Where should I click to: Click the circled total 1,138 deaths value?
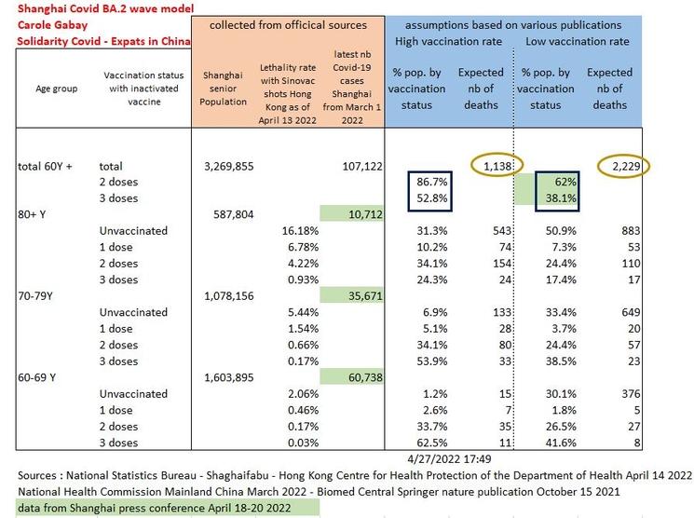pyautogui.click(x=482, y=166)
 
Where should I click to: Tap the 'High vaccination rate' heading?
pyautogui.click(x=451, y=41)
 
